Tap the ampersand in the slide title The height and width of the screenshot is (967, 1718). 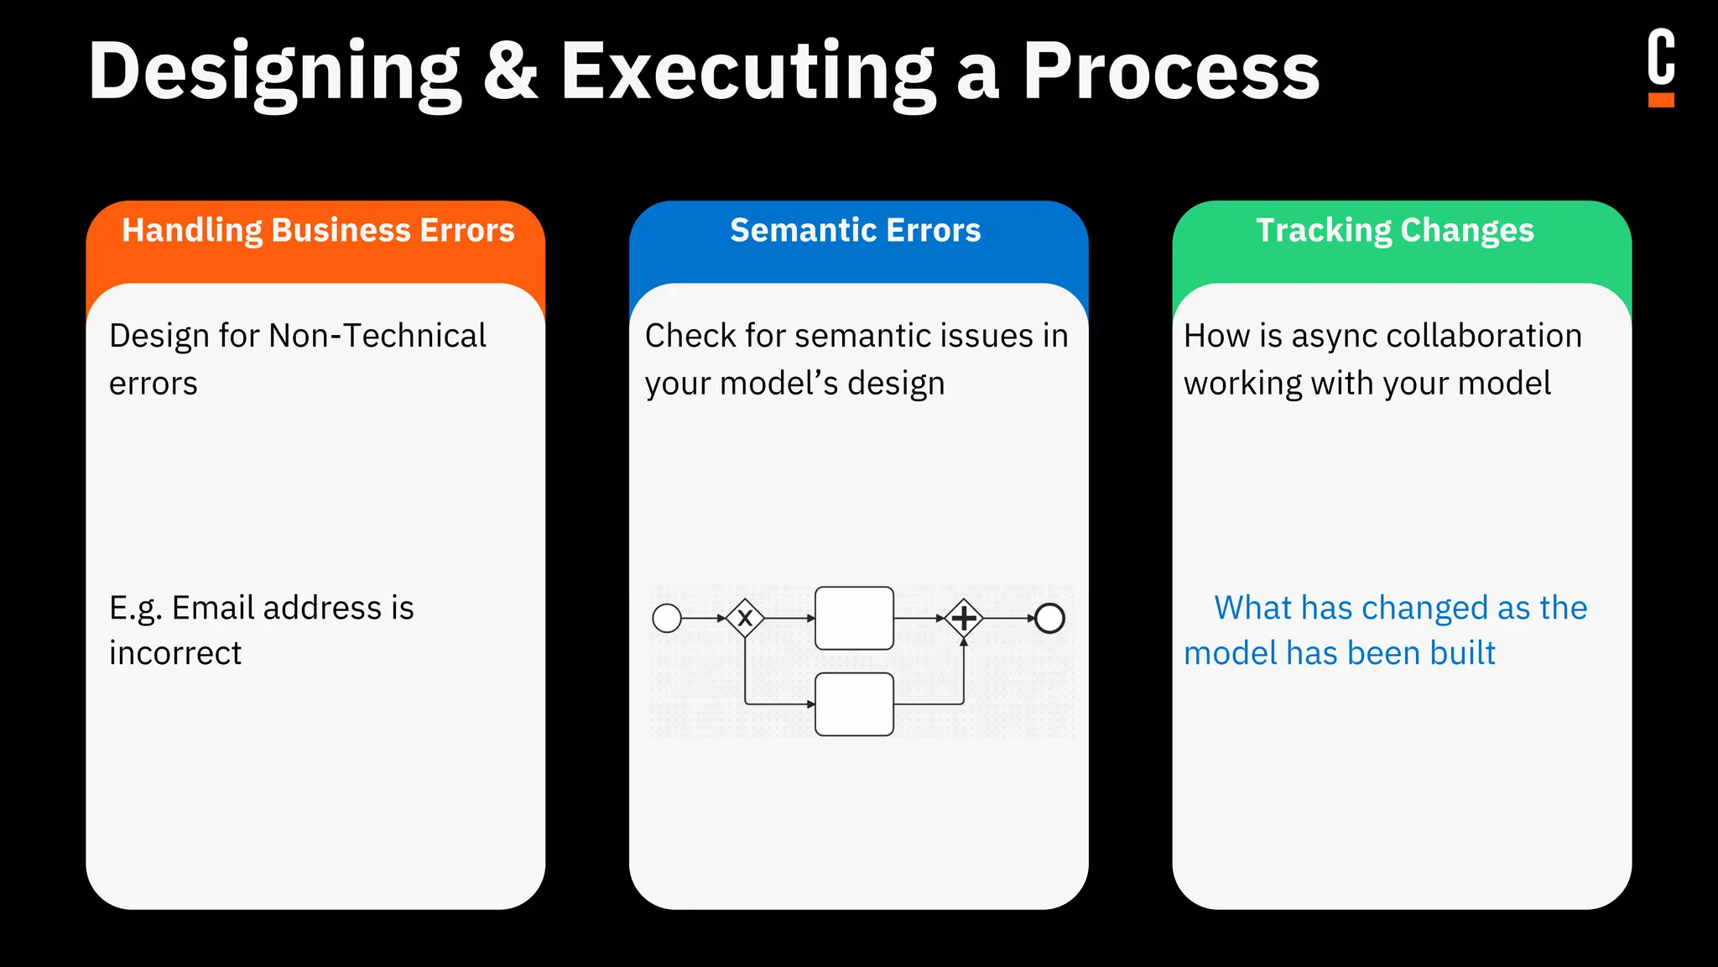(510, 71)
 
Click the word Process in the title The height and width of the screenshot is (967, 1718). (1171, 71)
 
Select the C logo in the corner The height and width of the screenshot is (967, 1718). (1660, 67)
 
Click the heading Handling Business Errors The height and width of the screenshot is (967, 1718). (318, 230)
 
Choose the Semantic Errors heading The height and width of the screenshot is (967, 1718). (855, 230)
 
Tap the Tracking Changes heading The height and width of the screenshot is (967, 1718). (1394, 230)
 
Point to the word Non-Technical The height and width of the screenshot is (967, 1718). (377, 336)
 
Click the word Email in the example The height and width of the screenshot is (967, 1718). (213, 608)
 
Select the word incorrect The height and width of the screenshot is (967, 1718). (175, 653)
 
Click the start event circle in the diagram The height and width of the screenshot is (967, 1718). (667, 619)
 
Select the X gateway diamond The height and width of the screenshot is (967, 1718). (745, 619)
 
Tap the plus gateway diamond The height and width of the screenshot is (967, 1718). (964, 619)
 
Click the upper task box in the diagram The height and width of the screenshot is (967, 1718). (854, 619)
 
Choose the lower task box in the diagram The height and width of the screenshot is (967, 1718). (854, 704)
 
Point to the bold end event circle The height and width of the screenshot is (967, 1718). (1049, 619)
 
